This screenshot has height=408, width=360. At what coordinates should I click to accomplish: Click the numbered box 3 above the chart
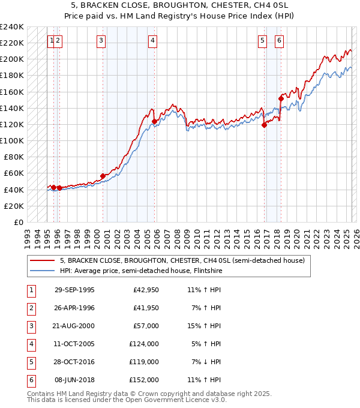pos(101,41)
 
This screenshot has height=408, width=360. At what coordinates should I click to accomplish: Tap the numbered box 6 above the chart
pos(280,41)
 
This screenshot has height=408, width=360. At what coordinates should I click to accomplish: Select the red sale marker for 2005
pos(154,121)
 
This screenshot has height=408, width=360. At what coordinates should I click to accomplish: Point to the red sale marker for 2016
pos(264,125)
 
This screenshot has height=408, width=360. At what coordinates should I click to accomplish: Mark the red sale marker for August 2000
pos(103,176)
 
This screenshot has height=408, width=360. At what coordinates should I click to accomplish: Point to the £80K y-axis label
pos(14,157)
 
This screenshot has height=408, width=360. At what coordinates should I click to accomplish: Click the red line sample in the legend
pos(42,261)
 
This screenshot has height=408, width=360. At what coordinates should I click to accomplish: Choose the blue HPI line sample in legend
pos(42,270)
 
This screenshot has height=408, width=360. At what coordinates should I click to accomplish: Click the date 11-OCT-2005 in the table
pos(74,344)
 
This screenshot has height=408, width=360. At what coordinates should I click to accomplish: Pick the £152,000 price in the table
pos(144,380)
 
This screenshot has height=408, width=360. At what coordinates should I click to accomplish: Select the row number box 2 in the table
pos(31,308)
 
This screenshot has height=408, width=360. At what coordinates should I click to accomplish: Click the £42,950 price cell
pos(146,290)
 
